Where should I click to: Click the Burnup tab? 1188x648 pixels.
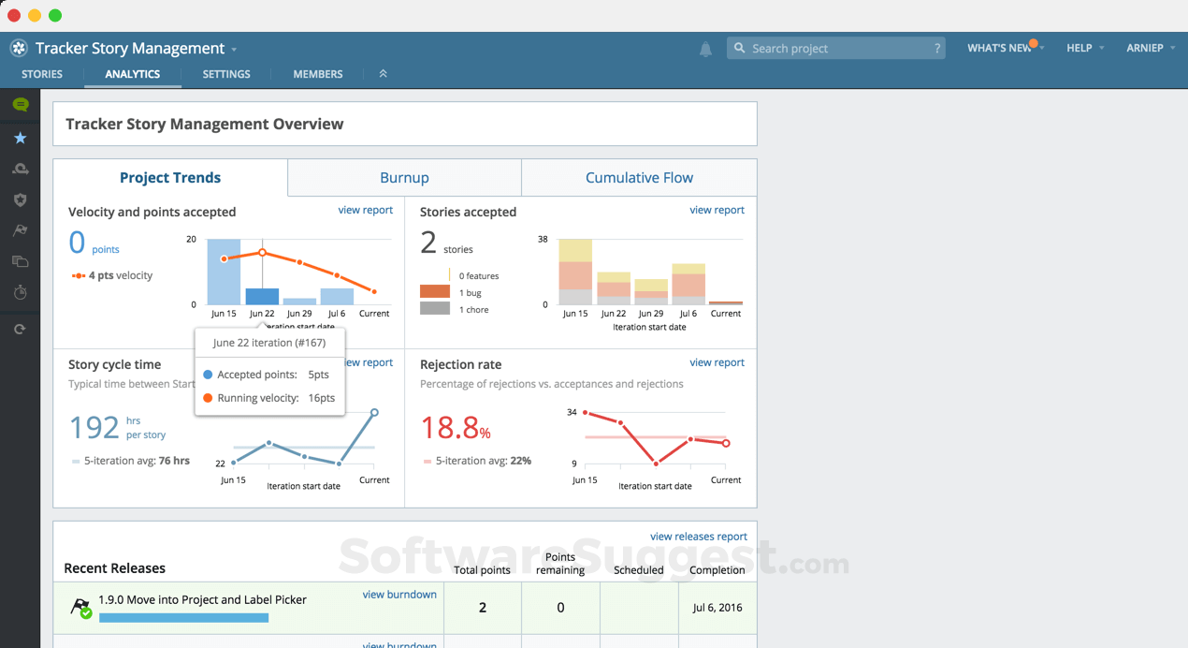tap(404, 178)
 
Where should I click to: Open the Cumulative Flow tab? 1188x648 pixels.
tap(639, 178)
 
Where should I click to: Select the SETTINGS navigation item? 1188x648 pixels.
tap(226, 74)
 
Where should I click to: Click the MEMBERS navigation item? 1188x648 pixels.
tap(318, 74)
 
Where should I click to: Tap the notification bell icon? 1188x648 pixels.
tap(705, 49)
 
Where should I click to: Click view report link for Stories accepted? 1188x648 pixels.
tap(717, 210)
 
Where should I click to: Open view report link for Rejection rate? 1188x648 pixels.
tap(717, 362)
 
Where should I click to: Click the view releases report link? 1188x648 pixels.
tap(698, 537)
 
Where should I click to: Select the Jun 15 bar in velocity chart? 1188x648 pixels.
tap(224, 272)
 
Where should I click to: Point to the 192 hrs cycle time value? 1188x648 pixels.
tap(95, 428)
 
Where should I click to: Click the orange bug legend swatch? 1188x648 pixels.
tap(435, 292)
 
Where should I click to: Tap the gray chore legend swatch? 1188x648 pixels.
tap(435, 309)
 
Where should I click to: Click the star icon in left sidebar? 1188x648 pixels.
tap(20, 139)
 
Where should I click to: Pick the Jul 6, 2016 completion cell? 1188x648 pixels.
tap(717, 608)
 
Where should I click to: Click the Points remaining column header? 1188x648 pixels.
tap(560, 564)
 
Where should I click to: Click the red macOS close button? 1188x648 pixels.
tap(14, 15)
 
